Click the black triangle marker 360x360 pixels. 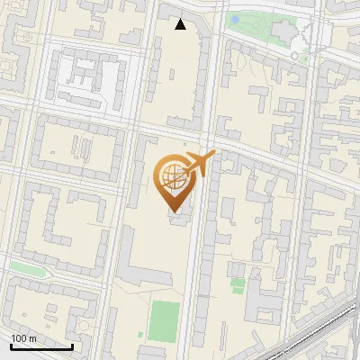(x=181, y=24)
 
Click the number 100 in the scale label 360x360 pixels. (x=19, y=338)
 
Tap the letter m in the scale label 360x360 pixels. (x=32, y=338)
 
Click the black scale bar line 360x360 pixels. (x=40, y=346)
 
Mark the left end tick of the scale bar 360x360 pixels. (x=10, y=345)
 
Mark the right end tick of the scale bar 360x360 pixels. (x=72, y=345)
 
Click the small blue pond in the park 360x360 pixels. (x=235, y=19)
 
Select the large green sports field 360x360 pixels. (x=164, y=321)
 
